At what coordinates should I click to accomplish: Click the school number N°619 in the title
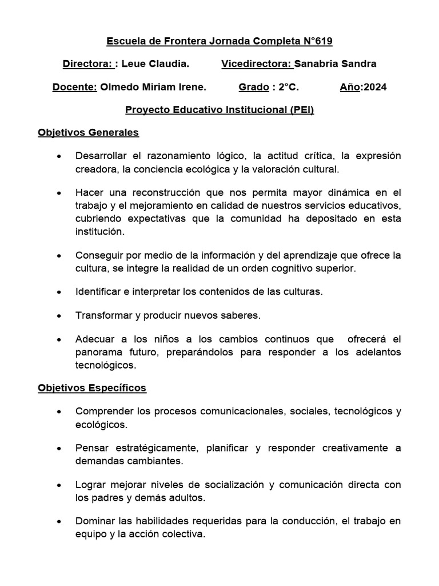point(317,41)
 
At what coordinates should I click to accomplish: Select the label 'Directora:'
point(87,64)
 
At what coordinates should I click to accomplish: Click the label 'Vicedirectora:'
point(256,64)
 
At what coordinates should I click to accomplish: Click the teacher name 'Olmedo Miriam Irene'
point(153,87)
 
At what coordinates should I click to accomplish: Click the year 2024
point(374,87)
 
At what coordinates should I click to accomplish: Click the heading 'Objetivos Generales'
point(88,133)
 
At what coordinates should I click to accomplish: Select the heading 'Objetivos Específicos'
point(92,388)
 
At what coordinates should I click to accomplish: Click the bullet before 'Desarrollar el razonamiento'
point(59,157)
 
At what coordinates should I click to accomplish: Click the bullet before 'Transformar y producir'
point(59,316)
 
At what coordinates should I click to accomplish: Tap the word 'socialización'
point(225,485)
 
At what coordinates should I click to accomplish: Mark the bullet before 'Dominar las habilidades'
point(59,522)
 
